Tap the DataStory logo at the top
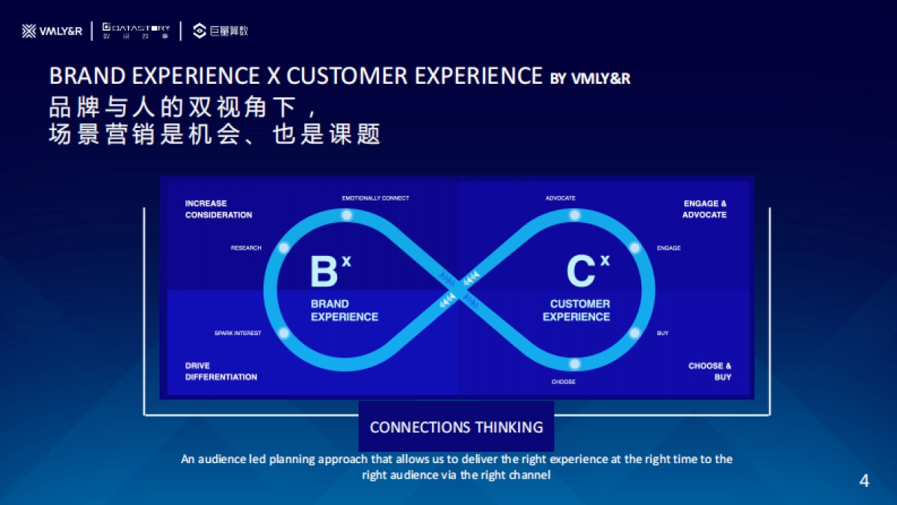click(x=136, y=31)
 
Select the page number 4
click(x=864, y=481)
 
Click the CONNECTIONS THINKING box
click(x=456, y=426)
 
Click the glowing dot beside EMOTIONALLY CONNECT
click(x=346, y=215)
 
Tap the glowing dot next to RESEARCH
click(x=283, y=248)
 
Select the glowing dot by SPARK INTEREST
click(x=283, y=333)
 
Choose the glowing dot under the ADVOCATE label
click(x=574, y=215)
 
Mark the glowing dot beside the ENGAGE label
click(x=635, y=248)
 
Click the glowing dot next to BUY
click(x=635, y=333)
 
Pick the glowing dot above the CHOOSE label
click(x=574, y=364)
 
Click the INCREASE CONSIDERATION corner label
click(x=218, y=209)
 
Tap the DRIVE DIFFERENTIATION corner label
click(x=221, y=371)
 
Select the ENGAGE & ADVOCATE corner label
click(x=704, y=209)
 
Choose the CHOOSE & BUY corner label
click(x=709, y=371)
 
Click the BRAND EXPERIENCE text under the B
click(x=344, y=310)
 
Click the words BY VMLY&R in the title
click(x=590, y=78)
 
